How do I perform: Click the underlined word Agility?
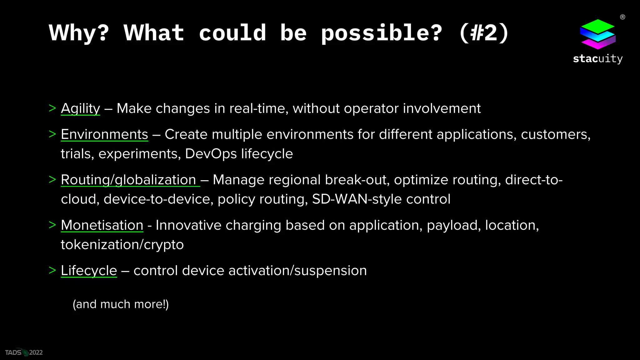(x=80, y=108)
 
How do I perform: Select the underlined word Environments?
(x=104, y=134)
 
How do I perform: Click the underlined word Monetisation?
(x=102, y=225)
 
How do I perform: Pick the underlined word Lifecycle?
(x=89, y=270)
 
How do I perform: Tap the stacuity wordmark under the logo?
(x=597, y=59)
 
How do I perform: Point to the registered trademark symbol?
(x=622, y=17)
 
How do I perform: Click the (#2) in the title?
(x=484, y=33)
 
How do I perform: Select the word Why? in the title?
(x=79, y=33)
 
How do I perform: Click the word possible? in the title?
(x=382, y=33)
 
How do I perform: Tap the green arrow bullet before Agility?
(x=52, y=108)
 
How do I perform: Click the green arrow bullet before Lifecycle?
(x=52, y=270)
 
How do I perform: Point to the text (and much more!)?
(x=121, y=304)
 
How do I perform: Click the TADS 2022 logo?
(x=24, y=352)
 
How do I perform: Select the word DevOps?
(x=211, y=154)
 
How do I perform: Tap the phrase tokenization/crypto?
(x=122, y=244)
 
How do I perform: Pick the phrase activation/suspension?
(x=297, y=270)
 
